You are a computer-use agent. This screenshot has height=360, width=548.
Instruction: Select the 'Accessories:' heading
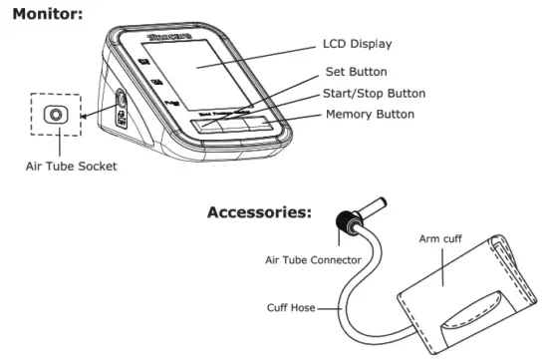259,212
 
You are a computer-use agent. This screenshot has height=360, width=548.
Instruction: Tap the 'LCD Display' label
358,44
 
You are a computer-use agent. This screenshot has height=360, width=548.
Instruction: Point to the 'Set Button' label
357,72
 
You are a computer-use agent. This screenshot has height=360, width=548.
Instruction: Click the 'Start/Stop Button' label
376,94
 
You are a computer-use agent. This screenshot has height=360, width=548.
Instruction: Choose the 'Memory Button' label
370,115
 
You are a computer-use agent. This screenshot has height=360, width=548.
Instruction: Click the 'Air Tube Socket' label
71,167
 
